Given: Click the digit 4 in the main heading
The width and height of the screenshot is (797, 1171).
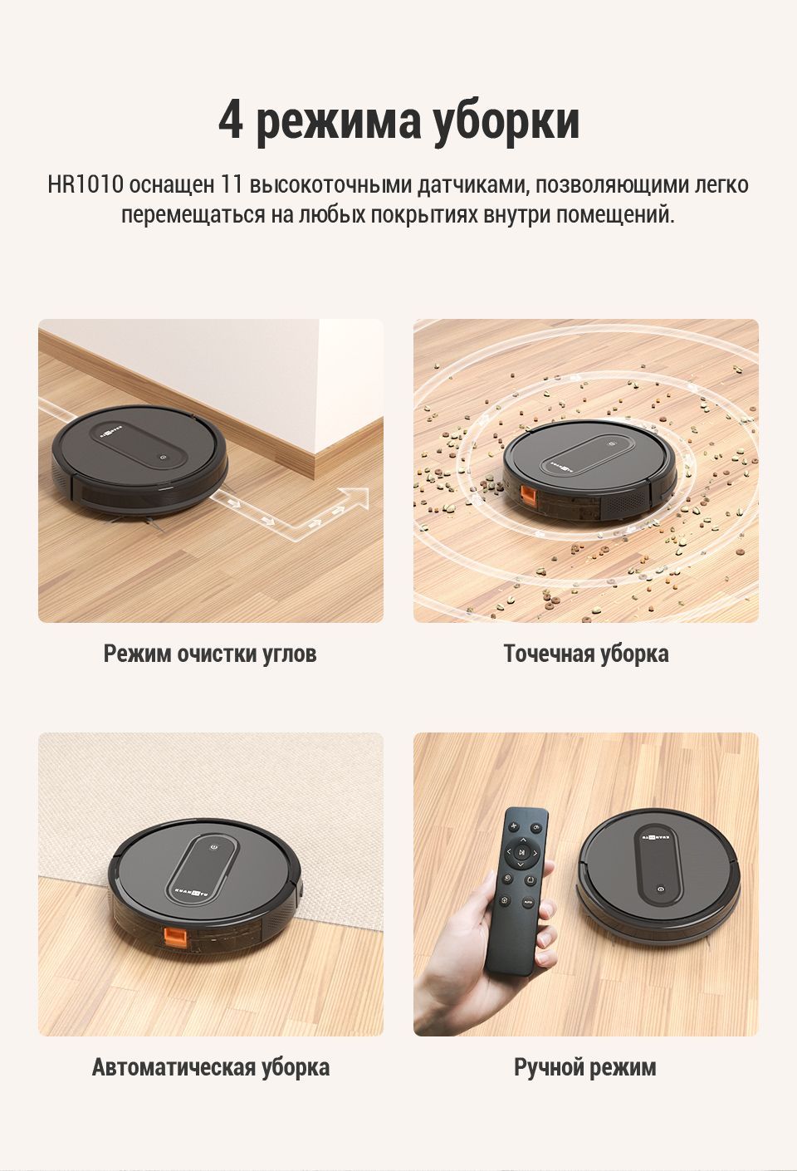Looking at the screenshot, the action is [x=231, y=121].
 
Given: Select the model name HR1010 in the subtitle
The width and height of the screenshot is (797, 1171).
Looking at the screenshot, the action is [x=86, y=185].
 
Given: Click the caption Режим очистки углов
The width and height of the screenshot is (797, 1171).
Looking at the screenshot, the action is [x=210, y=654].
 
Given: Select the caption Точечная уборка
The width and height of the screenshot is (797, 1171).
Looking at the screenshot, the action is [x=586, y=654].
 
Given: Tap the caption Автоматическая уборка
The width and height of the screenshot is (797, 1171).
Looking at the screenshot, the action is [x=211, y=1067].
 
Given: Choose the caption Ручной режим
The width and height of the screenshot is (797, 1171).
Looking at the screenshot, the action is [x=585, y=1067].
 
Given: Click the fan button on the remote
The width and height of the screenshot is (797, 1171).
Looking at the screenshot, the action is [x=513, y=826].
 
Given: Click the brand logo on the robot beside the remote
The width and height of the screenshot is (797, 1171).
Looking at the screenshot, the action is [x=658, y=836].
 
